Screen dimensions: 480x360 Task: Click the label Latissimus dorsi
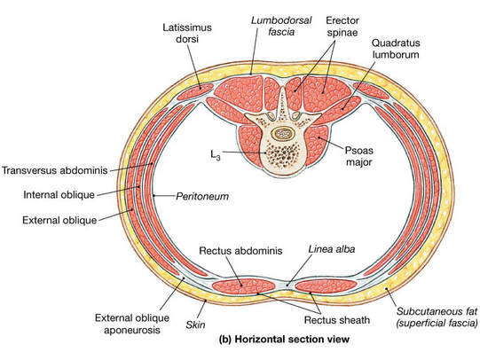[x=187, y=33]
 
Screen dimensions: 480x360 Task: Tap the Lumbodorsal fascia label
[x=281, y=26]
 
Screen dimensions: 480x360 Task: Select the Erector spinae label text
[x=342, y=27]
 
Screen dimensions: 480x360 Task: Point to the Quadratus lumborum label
[x=396, y=49]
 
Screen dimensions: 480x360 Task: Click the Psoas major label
[x=358, y=156]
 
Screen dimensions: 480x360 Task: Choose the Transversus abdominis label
[x=55, y=170]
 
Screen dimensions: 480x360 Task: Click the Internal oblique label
[x=59, y=195]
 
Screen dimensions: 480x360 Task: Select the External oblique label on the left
[x=59, y=220]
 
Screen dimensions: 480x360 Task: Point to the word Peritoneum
[x=202, y=196]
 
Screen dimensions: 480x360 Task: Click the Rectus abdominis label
[x=240, y=251]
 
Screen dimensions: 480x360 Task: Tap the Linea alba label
[x=332, y=249]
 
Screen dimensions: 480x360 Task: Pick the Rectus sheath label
[x=337, y=320]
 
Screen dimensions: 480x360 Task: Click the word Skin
[x=195, y=325]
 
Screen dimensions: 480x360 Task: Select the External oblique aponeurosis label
[x=132, y=324]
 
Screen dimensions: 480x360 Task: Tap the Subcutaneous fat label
[x=437, y=317]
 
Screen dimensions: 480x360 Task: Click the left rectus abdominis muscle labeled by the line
[x=244, y=286]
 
